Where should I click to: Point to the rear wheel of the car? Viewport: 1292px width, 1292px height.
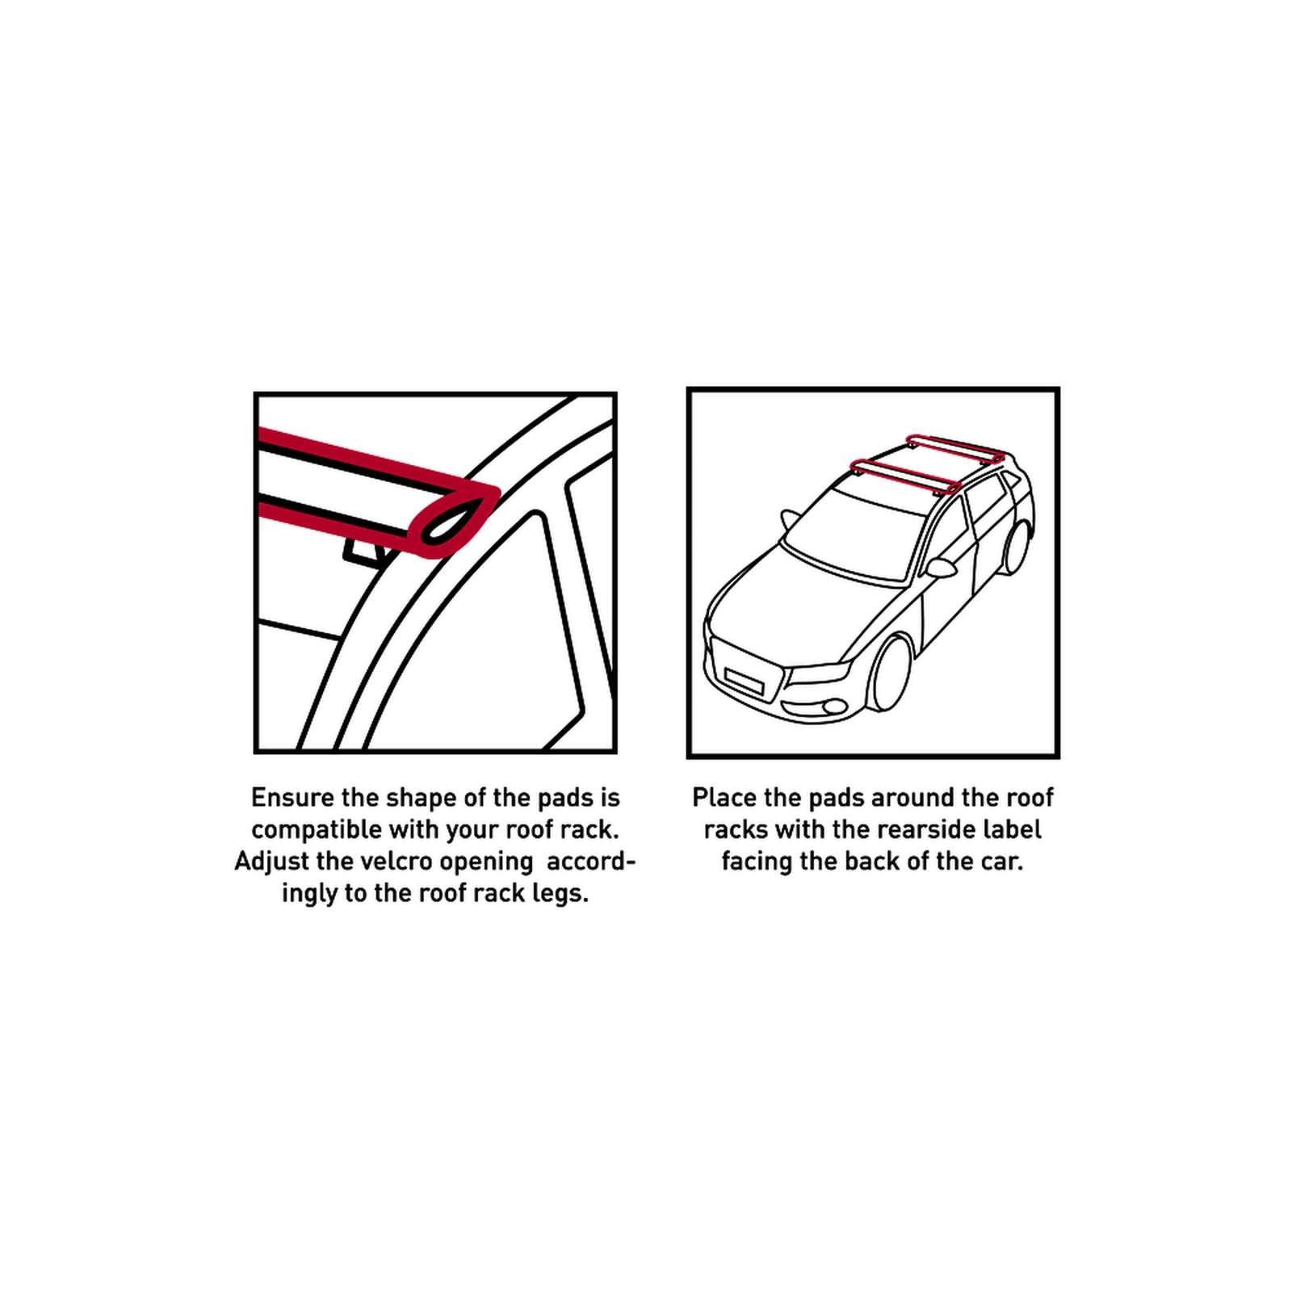[x=1017, y=548]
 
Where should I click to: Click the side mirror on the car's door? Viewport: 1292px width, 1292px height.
[x=942, y=568]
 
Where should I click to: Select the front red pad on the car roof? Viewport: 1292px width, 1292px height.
[x=905, y=476]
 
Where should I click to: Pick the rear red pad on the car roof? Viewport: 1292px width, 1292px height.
[x=955, y=448]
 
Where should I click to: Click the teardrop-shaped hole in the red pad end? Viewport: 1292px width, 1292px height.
[x=457, y=519]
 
